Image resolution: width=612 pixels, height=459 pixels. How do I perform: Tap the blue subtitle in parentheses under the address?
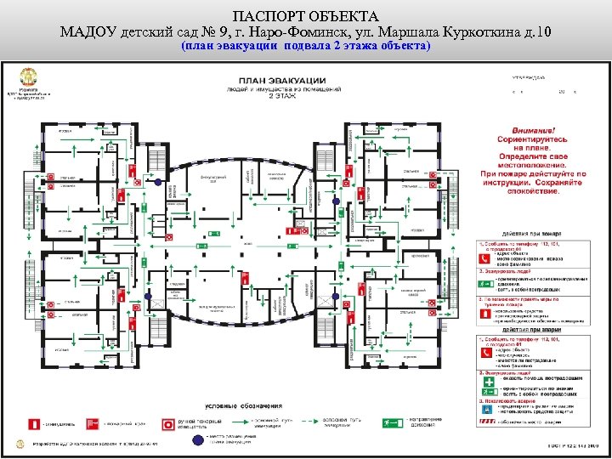coord(306,46)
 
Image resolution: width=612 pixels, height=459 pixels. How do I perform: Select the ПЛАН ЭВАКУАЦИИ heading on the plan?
coord(276,82)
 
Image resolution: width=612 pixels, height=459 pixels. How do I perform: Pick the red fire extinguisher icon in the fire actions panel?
coord(484,314)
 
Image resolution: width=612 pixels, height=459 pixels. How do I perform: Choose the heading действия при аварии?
coord(532,329)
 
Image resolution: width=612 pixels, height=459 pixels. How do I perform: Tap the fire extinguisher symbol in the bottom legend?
coord(34,422)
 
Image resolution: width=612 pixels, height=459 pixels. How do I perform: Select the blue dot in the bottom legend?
coord(198,439)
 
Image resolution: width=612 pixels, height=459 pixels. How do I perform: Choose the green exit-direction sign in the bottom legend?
coord(389,422)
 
